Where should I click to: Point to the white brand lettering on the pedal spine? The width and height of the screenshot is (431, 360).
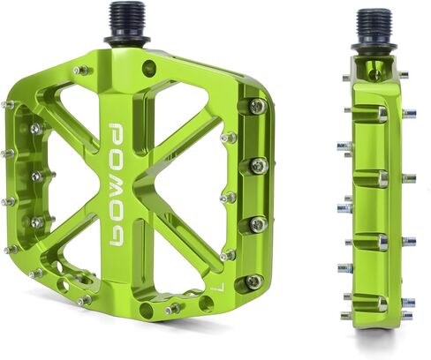(117, 184)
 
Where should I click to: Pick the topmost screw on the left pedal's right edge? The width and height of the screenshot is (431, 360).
(257, 107)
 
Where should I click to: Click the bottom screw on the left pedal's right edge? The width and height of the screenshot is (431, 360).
(253, 282)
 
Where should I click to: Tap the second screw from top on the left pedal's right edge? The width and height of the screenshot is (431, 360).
(258, 166)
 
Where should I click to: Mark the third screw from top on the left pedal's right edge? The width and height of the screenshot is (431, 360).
(257, 225)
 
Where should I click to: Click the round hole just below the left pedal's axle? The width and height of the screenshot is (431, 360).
(147, 68)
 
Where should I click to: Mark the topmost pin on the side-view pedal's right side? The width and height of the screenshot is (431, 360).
(403, 76)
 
